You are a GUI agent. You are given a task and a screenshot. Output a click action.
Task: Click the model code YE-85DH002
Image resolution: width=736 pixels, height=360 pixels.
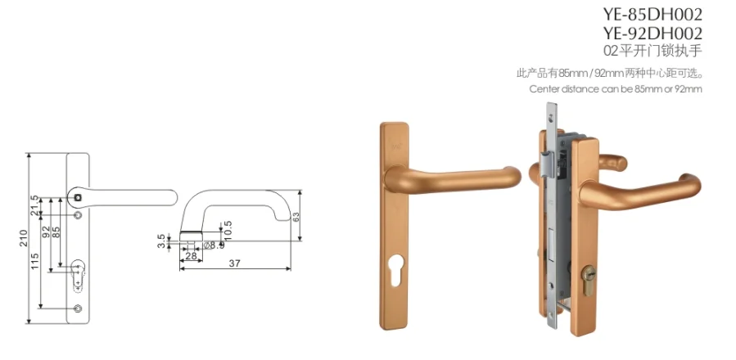(x=652, y=15)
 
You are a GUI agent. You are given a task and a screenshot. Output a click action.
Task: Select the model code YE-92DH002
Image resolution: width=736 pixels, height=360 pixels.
(x=652, y=34)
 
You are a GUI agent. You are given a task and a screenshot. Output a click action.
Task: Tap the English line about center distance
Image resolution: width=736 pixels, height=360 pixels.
(x=616, y=88)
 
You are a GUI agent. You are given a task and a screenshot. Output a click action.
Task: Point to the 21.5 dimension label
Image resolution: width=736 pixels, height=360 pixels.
(x=34, y=205)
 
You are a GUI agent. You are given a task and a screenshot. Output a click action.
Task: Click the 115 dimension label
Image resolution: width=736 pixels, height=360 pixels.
(x=34, y=263)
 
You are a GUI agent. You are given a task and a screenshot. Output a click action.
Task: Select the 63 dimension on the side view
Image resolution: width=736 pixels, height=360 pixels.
(x=296, y=216)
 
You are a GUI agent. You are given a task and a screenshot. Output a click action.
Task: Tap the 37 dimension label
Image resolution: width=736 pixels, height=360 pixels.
(x=235, y=263)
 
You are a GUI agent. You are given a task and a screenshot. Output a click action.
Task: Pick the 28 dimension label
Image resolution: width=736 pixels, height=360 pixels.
(x=191, y=256)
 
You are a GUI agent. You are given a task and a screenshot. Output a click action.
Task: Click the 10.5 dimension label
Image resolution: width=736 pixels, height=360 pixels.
(x=228, y=230)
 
